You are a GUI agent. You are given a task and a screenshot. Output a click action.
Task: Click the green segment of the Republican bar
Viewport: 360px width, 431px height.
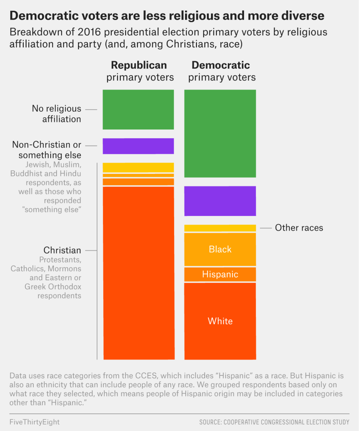138,110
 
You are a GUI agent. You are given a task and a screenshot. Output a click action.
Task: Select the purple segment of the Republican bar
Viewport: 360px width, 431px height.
138,146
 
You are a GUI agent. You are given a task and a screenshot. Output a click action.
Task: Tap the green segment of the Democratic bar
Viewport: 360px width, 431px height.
220,133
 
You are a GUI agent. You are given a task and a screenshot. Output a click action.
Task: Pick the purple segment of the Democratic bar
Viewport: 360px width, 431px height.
220,201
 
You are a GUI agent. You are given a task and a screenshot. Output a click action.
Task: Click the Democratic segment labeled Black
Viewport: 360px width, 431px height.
220,249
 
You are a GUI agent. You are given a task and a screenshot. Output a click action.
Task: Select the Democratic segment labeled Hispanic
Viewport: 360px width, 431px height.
220,274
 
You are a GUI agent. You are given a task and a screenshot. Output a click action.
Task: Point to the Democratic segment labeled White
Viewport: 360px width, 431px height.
220,321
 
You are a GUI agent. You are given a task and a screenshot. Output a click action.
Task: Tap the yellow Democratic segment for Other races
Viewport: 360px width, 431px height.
220,228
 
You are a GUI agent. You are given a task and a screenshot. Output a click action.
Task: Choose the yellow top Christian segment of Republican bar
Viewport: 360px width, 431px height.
138,167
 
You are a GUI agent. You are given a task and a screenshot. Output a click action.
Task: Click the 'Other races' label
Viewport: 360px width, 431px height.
299,228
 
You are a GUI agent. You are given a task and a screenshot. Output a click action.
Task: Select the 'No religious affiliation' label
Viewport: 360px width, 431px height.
56,114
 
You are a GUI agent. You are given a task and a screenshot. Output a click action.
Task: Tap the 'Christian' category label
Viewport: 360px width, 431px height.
62,250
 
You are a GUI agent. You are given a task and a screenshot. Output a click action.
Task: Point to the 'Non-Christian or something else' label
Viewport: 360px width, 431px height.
47,150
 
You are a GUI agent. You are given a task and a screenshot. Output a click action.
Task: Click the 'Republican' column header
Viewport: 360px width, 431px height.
139,65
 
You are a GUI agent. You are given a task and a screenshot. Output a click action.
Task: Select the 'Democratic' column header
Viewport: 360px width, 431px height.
221,65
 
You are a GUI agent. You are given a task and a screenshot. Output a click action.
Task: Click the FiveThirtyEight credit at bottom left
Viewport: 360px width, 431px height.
35,422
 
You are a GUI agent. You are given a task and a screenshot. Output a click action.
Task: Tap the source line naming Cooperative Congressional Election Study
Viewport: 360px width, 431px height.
274,422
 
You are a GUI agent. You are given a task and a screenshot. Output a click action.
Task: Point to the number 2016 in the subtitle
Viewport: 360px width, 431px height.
89,32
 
